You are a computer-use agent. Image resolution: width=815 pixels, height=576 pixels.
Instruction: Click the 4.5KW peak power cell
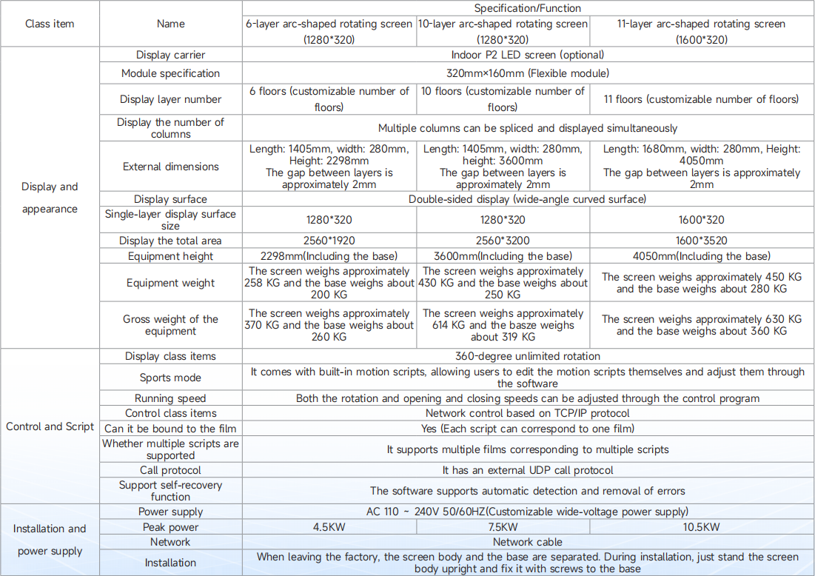point(329,527)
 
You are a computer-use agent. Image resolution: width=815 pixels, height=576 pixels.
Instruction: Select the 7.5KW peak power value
point(503,527)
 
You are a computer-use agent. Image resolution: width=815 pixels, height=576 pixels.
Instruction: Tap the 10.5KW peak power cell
point(701,527)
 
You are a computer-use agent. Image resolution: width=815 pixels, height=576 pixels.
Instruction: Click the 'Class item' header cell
point(50,24)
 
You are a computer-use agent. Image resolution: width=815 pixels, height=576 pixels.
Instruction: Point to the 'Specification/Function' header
point(528,8)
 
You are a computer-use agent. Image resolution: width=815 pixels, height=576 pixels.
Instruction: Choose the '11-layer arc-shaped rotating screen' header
point(701,31)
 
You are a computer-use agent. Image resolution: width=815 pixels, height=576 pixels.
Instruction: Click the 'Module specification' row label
point(170,73)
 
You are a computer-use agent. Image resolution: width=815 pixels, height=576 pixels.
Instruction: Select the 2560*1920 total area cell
point(329,241)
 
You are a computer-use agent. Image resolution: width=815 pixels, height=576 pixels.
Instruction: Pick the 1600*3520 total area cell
point(701,241)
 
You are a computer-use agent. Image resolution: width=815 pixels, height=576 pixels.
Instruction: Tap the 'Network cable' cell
point(528,542)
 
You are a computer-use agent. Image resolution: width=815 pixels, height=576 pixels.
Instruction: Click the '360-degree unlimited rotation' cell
point(528,356)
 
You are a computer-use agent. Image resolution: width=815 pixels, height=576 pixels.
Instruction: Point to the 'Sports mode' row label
point(170,378)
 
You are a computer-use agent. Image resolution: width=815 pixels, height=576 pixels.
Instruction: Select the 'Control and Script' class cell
point(50,426)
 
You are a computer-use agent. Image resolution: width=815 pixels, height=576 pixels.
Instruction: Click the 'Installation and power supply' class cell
point(50,540)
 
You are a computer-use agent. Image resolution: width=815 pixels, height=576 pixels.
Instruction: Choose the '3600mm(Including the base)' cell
point(503,256)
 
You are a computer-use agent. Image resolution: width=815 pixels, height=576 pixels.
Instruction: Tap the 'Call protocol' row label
point(170,470)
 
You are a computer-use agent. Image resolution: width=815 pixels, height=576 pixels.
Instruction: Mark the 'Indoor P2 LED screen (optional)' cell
point(528,55)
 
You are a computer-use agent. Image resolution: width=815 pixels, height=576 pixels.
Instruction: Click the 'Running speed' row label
point(170,398)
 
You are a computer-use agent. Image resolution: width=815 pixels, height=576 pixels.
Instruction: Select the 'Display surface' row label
point(170,199)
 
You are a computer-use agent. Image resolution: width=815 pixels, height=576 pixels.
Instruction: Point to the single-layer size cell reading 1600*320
point(701,220)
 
